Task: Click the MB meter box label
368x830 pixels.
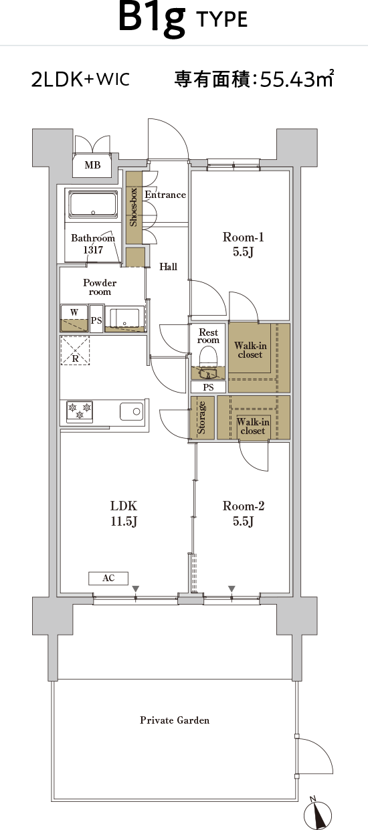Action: (92, 165)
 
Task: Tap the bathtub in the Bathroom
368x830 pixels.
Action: (93, 205)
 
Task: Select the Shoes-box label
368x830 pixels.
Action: (133, 207)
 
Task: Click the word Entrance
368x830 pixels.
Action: (165, 195)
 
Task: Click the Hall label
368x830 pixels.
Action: (168, 266)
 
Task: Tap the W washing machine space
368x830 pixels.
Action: (74, 318)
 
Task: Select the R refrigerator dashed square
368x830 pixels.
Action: (75, 350)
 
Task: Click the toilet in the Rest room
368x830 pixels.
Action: (208, 359)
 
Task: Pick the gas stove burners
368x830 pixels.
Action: (80, 411)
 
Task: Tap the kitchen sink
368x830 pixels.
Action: (132, 411)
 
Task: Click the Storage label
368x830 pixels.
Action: (201, 417)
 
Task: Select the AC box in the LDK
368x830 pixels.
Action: (108, 578)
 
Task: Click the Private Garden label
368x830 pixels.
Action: (175, 720)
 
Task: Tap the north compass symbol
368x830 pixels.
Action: (317, 813)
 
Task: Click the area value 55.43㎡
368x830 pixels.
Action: (297, 78)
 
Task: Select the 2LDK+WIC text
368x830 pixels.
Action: (80, 79)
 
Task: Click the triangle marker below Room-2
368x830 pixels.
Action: (232, 589)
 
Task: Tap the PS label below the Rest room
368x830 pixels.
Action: (208, 387)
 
